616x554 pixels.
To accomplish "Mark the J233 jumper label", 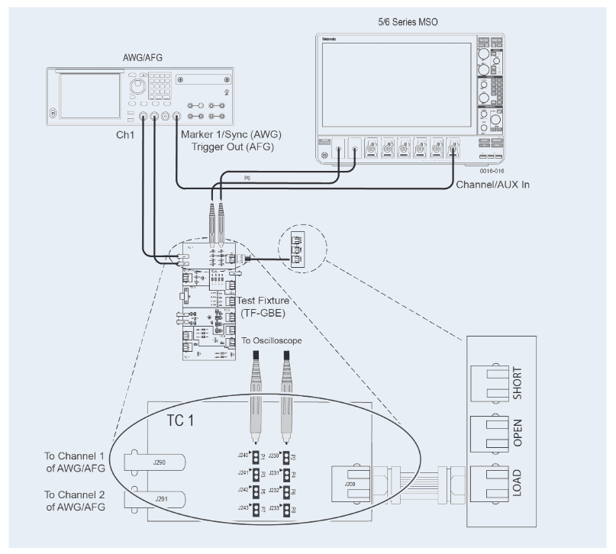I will click(x=273, y=507).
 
